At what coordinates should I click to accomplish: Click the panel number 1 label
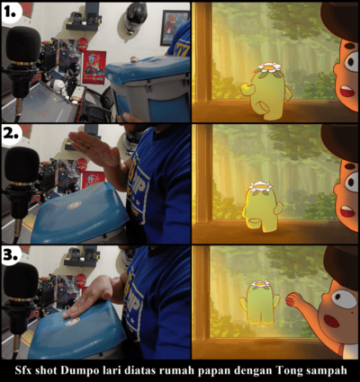[12, 12]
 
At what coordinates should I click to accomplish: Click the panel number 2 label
[12, 134]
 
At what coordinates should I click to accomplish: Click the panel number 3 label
[12, 255]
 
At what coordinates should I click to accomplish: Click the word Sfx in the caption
[23, 370]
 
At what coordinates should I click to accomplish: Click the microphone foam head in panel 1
[23, 44]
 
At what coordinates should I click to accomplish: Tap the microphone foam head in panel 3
[21, 280]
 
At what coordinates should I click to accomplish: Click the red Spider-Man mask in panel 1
[82, 44]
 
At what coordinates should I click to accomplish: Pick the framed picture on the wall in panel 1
[175, 28]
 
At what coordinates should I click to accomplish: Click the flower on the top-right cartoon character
[269, 67]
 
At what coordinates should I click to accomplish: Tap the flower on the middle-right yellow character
[260, 186]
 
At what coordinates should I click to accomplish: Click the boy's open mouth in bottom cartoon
[332, 321]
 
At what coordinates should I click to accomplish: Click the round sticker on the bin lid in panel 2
[74, 205]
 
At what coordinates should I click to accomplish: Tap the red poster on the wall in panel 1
[94, 67]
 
